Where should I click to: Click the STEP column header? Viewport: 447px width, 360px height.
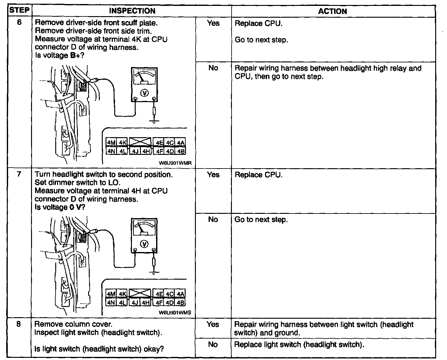point(19,10)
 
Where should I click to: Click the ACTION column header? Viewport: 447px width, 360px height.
point(332,11)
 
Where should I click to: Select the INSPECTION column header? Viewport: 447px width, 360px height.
point(132,11)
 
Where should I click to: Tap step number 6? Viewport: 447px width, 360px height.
point(19,23)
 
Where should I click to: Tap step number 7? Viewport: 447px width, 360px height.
point(19,174)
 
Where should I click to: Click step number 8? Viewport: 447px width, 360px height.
point(19,324)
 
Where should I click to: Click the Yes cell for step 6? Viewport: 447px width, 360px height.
point(213,23)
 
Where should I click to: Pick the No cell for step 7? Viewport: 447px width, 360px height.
point(213,219)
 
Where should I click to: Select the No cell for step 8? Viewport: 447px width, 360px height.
point(213,344)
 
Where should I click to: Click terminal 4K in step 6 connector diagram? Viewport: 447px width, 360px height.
point(123,142)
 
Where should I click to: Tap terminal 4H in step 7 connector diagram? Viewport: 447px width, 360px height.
point(146,302)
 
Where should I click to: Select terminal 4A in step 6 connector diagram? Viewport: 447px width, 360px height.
point(181,142)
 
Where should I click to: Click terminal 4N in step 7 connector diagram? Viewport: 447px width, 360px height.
point(111,302)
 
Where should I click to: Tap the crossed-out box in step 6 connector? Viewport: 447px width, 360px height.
point(140,142)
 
